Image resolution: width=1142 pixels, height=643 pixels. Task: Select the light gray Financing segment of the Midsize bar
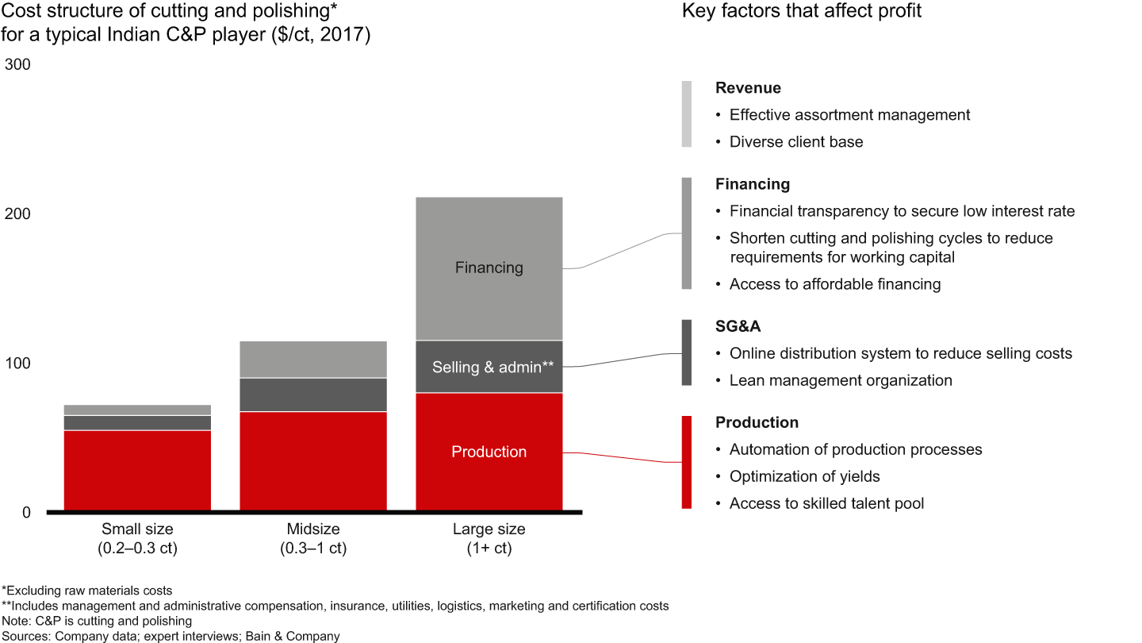313,360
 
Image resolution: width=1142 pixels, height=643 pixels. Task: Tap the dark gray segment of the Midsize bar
313,395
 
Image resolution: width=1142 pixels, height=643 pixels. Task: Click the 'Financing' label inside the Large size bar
489,268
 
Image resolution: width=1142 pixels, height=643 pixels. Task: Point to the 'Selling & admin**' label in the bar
492,367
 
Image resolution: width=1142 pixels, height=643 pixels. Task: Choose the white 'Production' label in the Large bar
489,452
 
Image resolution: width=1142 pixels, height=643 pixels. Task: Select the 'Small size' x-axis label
137,529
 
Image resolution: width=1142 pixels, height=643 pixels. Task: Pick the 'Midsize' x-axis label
313,529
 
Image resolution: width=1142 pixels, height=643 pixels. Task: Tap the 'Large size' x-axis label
489,529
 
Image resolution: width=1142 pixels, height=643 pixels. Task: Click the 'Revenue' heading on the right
748,88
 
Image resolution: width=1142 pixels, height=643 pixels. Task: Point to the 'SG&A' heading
738,327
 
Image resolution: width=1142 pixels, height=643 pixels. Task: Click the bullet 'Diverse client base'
796,142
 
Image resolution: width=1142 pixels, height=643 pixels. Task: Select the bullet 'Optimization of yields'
804,476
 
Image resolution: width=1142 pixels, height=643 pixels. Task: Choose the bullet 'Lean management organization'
841,380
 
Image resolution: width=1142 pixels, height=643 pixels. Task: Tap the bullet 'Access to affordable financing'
835,283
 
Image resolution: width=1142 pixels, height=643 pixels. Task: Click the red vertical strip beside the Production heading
687,462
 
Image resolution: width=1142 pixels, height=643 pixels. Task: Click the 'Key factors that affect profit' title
802,12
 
